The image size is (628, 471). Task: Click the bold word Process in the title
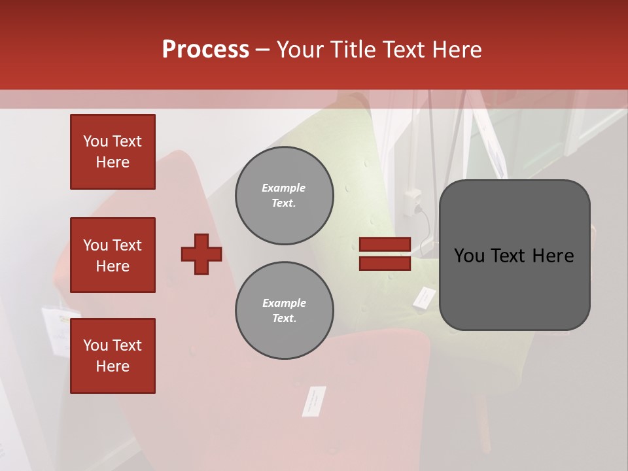click(x=205, y=49)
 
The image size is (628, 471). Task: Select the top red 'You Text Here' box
click(x=113, y=152)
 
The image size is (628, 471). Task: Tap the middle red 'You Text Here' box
click(x=113, y=255)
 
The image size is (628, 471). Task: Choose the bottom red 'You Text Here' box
click(x=113, y=356)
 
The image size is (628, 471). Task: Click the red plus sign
click(x=201, y=254)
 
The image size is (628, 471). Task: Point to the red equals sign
click(x=385, y=254)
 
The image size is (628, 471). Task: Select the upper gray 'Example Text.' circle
click(x=285, y=196)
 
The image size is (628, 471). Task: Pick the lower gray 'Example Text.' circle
click(x=285, y=311)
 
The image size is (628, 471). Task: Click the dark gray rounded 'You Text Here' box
click(x=514, y=255)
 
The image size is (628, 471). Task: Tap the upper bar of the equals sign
click(x=385, y=245)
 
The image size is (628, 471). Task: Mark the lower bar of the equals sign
click(x=385, y=263)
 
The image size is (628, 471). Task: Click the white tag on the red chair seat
click(x=314, y=400)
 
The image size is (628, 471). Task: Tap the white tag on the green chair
click(x=423, y=298)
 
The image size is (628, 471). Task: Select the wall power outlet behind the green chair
click(x=413, y=201)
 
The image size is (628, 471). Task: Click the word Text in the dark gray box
click(x=515, y=256)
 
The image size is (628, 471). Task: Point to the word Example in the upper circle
click(x=283, y=188)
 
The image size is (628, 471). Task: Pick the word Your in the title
click(x=300, y=49)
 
